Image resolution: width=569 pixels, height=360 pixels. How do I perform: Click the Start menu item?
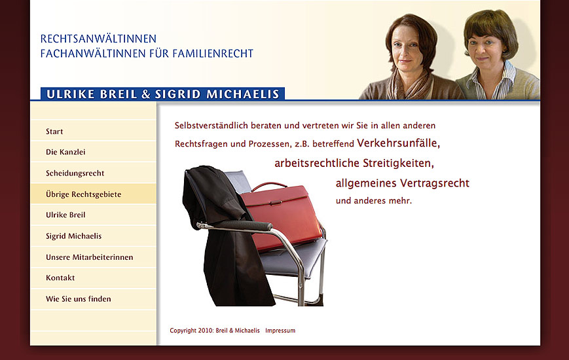(x=54, y=132)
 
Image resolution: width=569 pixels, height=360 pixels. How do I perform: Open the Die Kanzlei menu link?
(x=65, y=153)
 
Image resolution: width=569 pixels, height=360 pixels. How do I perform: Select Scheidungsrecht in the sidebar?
(x=75, y=173)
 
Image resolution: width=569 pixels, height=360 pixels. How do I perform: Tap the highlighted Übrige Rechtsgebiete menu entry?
(x=83, y=194)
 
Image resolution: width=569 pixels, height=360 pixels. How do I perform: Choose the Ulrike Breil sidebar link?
(x=65, y=215)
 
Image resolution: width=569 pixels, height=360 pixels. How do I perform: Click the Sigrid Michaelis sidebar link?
(x=73, y=236)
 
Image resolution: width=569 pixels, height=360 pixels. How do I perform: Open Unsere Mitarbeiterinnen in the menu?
(x=89, y=257)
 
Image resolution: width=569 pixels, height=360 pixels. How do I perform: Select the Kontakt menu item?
(x=60, y=278)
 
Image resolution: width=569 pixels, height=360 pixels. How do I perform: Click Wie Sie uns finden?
(x=78, y=299)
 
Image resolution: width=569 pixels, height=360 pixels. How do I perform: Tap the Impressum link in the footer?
(x=280, y=331)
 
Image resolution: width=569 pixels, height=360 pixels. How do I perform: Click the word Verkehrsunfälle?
(x=398, y=143)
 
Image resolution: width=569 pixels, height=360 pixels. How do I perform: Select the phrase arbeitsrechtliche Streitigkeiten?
(x=354, y=163)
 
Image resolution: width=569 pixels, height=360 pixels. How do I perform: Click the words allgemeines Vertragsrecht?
(x=402, y=183)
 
